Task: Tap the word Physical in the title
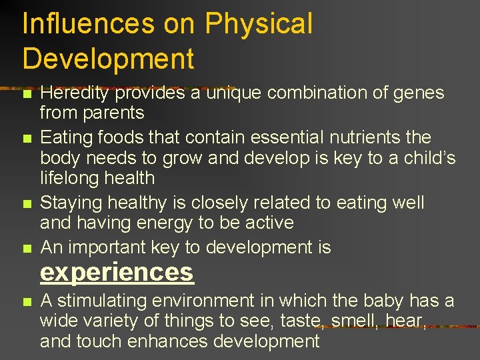point(258,24)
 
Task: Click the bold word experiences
point(117,272)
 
